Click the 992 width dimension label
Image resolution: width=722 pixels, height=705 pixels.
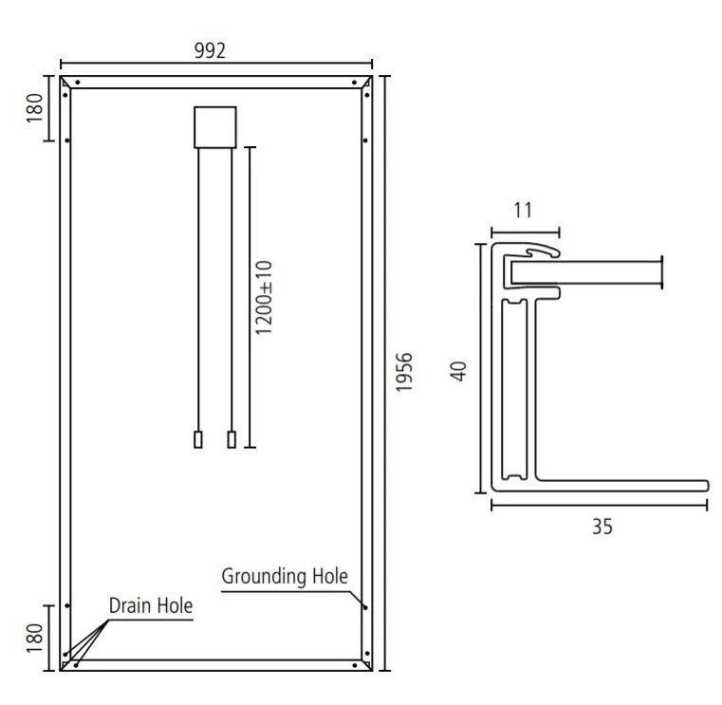[x=210, y=50]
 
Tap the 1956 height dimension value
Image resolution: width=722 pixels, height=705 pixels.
[x=404, y=373]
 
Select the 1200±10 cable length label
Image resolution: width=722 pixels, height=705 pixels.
[x=265, y=298]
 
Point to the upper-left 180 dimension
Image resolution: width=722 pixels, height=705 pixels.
[x=34, y=108]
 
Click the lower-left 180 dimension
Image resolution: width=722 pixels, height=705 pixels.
[x=34, y=638]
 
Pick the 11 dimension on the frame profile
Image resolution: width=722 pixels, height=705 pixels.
[x=523, y=210]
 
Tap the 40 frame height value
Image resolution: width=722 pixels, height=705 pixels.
[x=458, y=371]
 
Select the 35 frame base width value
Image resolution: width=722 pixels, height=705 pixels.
[x=602, y=527]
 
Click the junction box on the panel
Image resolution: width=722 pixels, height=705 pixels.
[x=215, y=127]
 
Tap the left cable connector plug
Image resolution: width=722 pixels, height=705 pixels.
[x=198, y=439]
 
